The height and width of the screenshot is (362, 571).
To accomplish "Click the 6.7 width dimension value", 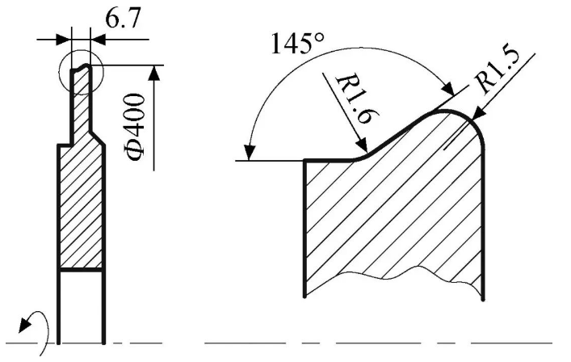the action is point(123,19).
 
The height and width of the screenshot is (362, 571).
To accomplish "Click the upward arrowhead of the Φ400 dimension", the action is point(154,72).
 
